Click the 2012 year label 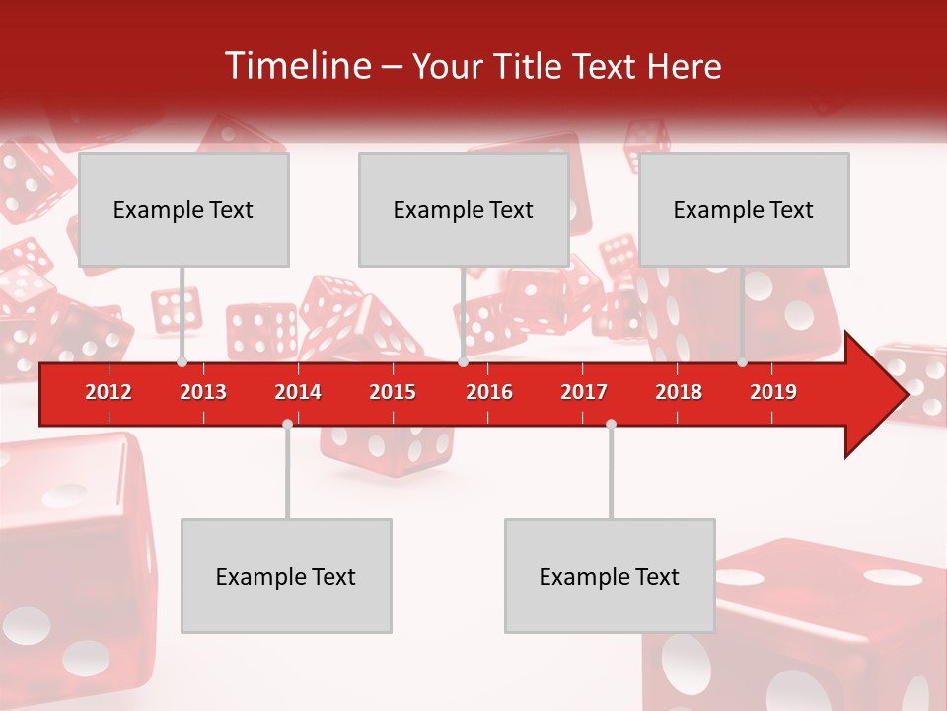coord(109,392)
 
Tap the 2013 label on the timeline coord(203,392)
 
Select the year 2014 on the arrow coord(298,392)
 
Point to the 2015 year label coord(393,392)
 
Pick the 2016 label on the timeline coord(489,392)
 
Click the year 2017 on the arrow coord(584,392)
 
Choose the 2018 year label coord(679,392)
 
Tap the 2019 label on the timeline coord(773,392)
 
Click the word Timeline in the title coord(297,66)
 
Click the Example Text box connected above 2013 coord(183,209)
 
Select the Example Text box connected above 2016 coord(464,209)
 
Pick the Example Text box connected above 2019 coord(744,209)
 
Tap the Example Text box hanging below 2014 coord(286,576)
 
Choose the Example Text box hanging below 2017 coord(610,576)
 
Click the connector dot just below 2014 coord(287,424)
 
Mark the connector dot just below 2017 coord(611,424)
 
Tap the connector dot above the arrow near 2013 coord(182,362)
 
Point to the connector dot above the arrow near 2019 coord(742,362)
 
